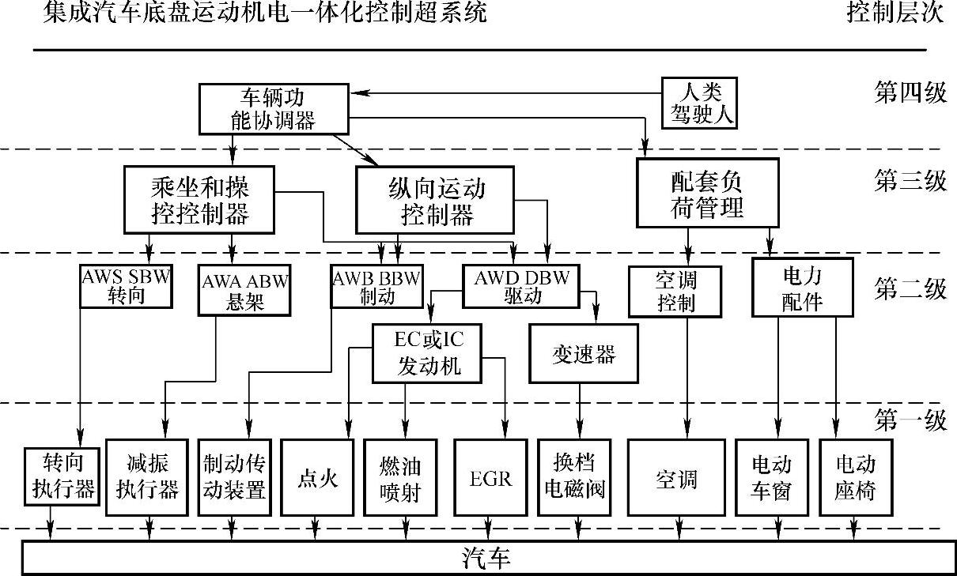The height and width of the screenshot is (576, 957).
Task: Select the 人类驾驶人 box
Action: coord(698,104)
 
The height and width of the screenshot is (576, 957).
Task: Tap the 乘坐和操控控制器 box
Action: coord(199,200)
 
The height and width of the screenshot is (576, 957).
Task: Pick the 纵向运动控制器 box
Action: coord(437,201)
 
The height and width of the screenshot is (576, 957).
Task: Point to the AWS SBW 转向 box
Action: coord(127,286)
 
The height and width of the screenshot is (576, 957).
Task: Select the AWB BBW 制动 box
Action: coord(377,286)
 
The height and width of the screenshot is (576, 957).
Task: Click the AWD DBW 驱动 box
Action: coord(521,286)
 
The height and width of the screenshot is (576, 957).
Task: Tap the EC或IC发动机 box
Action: coord(427,353)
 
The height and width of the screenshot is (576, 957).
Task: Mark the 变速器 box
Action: coord(583,353)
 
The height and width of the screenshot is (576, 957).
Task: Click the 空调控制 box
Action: coord(675,291)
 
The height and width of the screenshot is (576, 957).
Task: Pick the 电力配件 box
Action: coord(802,288)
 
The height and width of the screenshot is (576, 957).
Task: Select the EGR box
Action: coord(490,479)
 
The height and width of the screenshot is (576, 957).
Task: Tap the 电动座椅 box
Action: coord(855,479)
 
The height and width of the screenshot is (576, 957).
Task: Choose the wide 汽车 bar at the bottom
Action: coord(486,559)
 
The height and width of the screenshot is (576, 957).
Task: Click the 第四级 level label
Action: coord(910,93)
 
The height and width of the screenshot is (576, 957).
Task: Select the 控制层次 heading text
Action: coord(895,13)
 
